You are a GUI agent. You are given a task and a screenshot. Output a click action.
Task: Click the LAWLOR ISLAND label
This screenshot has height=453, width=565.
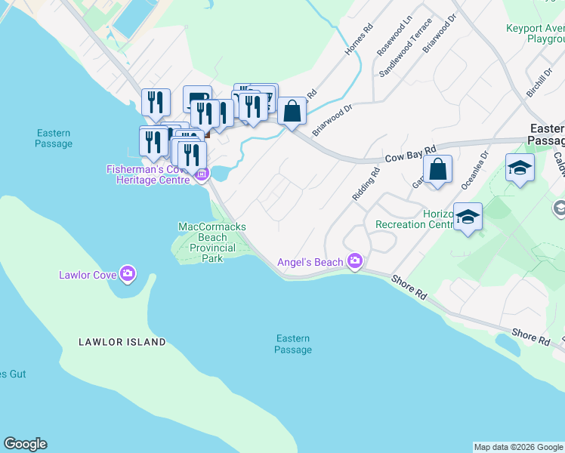click(x=122, y=342)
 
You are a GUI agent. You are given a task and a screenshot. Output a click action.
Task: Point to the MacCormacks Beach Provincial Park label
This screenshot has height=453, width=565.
click(x=211, y=242)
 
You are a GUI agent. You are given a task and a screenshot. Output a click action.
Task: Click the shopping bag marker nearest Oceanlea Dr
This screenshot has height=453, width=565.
click(x=437, y=170)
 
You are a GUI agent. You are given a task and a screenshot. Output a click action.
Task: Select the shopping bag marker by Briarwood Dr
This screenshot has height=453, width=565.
click(x=292, y=112)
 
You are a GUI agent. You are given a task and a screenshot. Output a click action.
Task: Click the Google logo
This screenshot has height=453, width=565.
click(x=25, y=444)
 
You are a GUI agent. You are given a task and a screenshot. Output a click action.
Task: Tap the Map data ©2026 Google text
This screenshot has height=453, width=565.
click(x=518, y=447)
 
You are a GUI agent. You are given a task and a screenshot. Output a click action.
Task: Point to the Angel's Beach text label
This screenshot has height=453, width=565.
click(x=310, y=262)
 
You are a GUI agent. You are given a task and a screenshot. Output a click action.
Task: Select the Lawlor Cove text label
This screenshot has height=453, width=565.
click(x=87, y=274)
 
